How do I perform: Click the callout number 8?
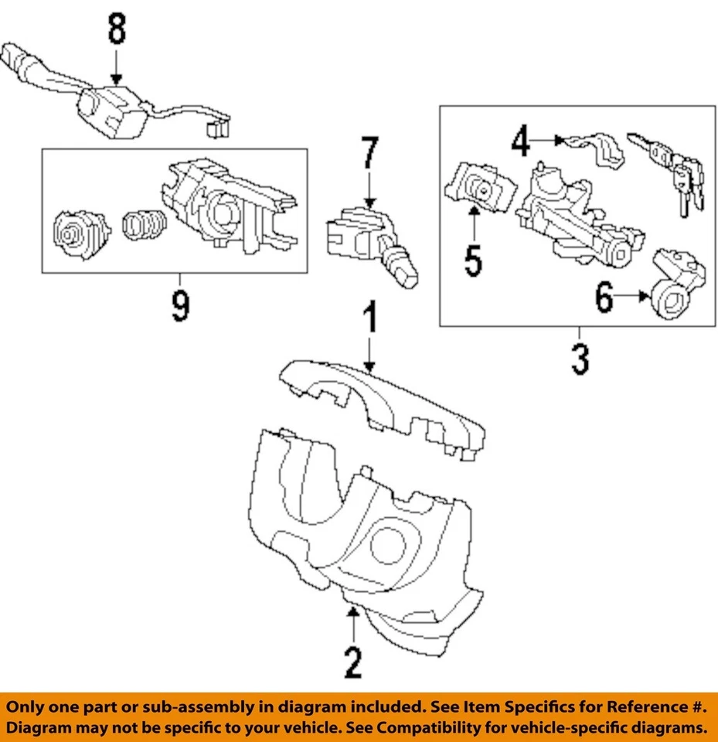[x=115, y=32]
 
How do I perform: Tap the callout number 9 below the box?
[x=179, y=306]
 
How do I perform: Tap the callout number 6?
[x=604, y=298]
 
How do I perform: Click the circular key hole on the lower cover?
[x=387, y=546]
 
